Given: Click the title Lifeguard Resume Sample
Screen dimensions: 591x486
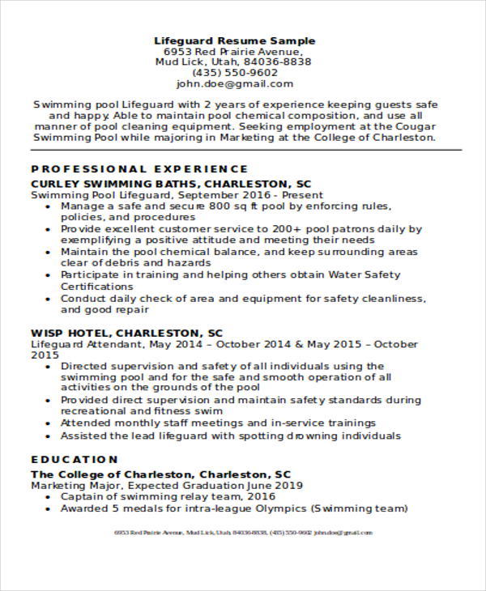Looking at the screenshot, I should tap(235, 40).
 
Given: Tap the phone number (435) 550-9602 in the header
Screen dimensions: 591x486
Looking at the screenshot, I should tap(234, 72).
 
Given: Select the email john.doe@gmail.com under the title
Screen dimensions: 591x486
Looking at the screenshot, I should tap(235, 83).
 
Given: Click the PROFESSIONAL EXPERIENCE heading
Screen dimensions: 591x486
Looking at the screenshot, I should tap(139, 169).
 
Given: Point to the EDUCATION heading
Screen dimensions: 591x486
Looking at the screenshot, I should tap(75, 459).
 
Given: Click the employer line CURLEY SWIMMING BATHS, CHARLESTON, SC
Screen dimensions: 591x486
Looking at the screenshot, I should tap(171, 184).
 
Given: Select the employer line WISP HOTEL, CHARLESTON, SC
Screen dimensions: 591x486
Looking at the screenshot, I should tap(126, 333).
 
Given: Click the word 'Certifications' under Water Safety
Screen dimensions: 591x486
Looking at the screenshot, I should tap(97, 287).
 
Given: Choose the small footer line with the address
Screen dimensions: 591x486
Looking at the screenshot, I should tap(243, 533).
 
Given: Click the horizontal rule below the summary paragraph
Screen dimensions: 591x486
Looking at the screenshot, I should tap(243, 150).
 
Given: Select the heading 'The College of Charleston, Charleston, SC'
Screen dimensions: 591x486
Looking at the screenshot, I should tap(161, 474).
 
